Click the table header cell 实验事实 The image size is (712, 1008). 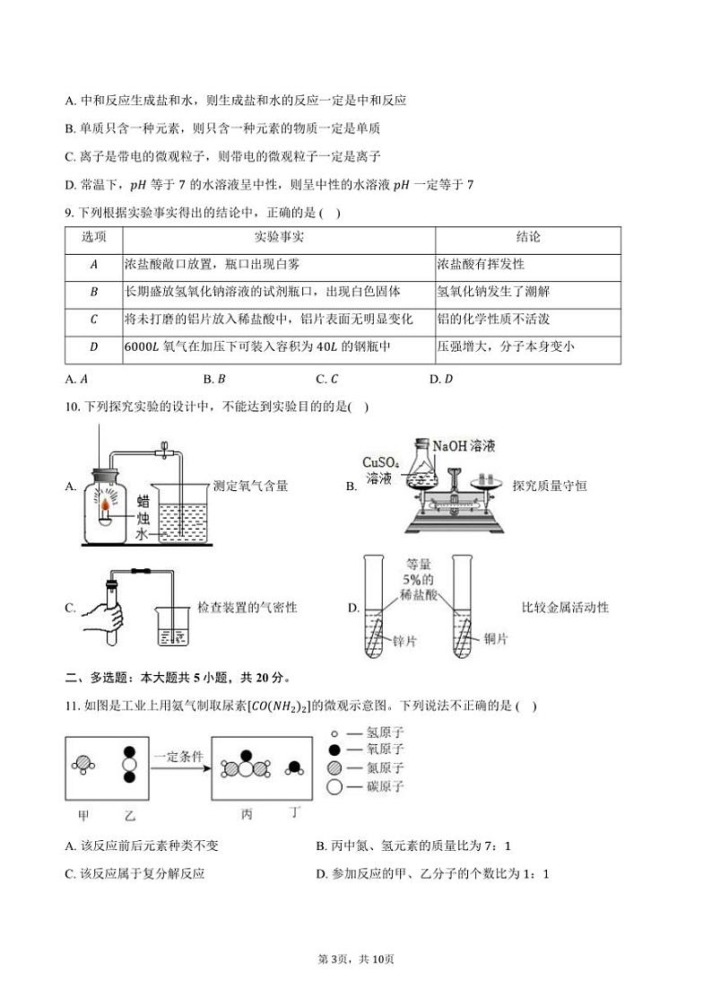point(279,238)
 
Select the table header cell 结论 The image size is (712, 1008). point(528,238)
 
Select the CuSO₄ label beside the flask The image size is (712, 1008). point(379,461)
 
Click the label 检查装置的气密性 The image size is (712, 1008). point(247,608)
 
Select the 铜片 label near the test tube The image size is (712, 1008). point(495,638)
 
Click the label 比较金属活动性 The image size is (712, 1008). point(565,608)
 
